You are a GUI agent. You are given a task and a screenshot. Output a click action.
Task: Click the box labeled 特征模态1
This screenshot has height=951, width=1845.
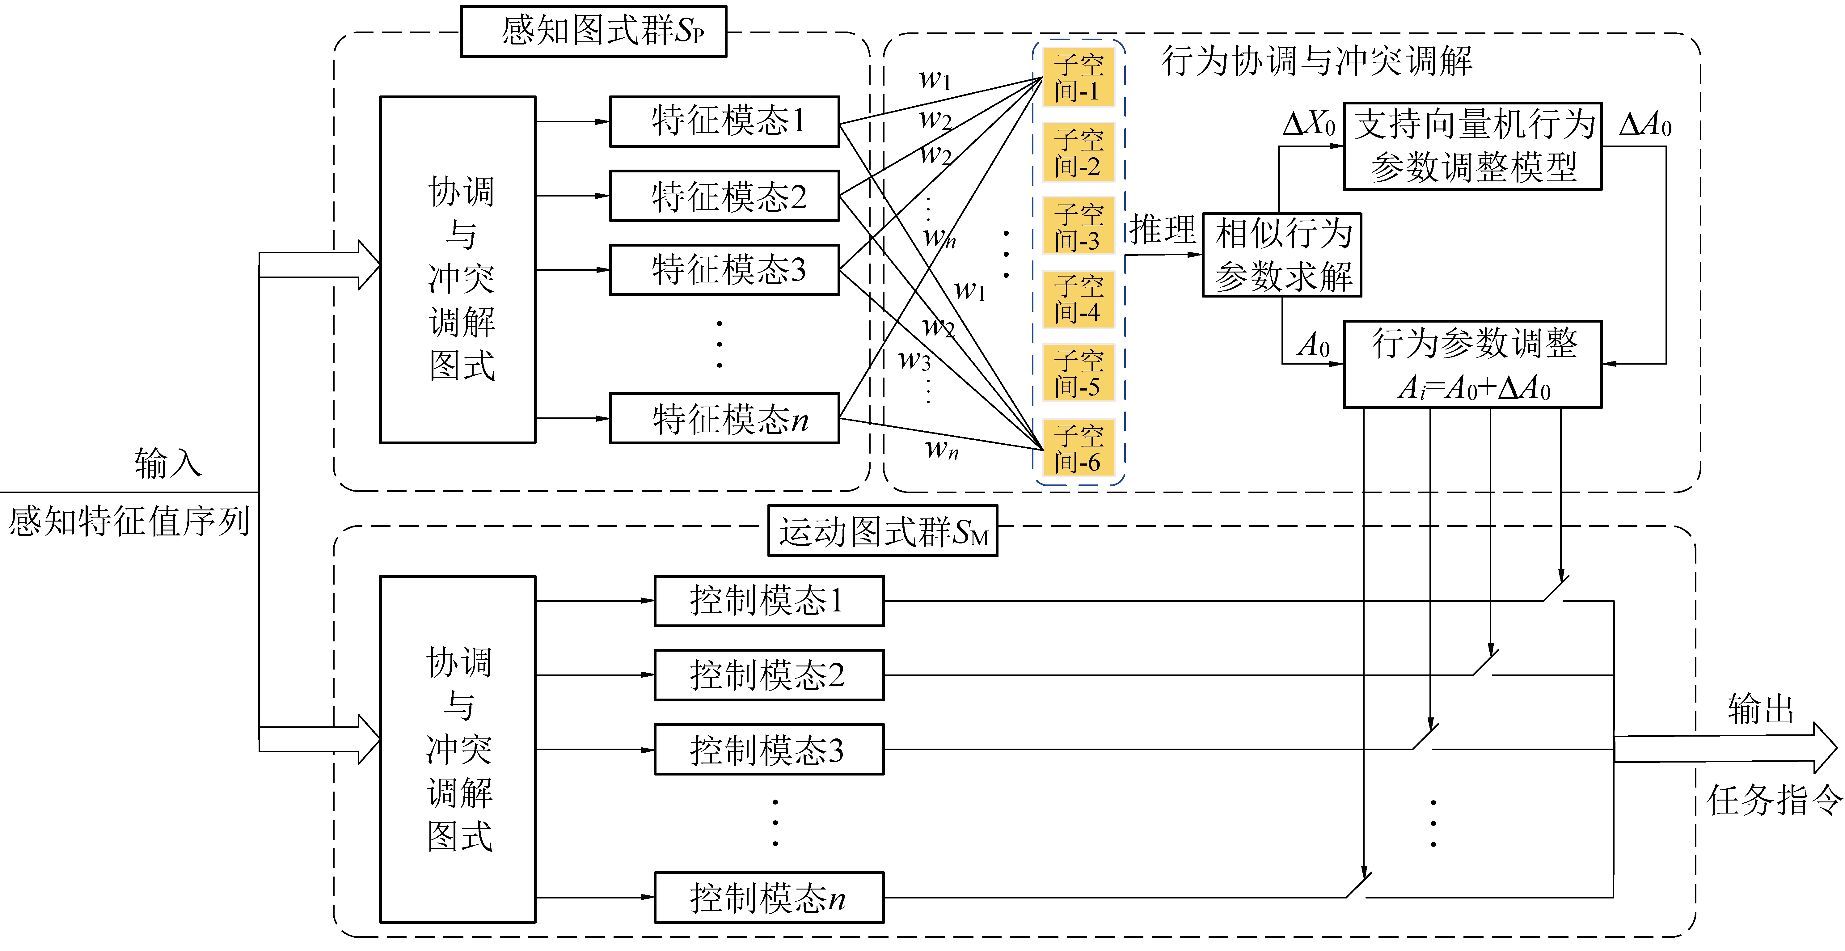[x=724, y=122]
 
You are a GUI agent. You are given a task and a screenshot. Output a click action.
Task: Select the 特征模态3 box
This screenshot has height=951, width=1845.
[x=724, y=270]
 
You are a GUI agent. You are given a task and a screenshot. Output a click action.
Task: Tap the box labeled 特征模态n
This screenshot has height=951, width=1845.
[x=724, y=418]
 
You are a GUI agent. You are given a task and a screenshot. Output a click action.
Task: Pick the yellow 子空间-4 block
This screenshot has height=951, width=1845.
[x=1078, y=299]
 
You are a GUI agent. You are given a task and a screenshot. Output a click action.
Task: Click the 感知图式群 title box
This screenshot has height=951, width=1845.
[x=593, y=32]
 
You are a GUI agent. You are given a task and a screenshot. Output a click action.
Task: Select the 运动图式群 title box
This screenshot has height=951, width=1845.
[x=882, y=531]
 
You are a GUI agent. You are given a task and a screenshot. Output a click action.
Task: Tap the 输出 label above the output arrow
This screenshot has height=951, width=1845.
[x=1760, y=709]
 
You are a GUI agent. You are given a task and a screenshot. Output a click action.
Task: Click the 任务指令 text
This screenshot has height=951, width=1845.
[x=1773, y=800]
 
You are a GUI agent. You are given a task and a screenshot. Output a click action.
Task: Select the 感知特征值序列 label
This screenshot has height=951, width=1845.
[x=129, y=521]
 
